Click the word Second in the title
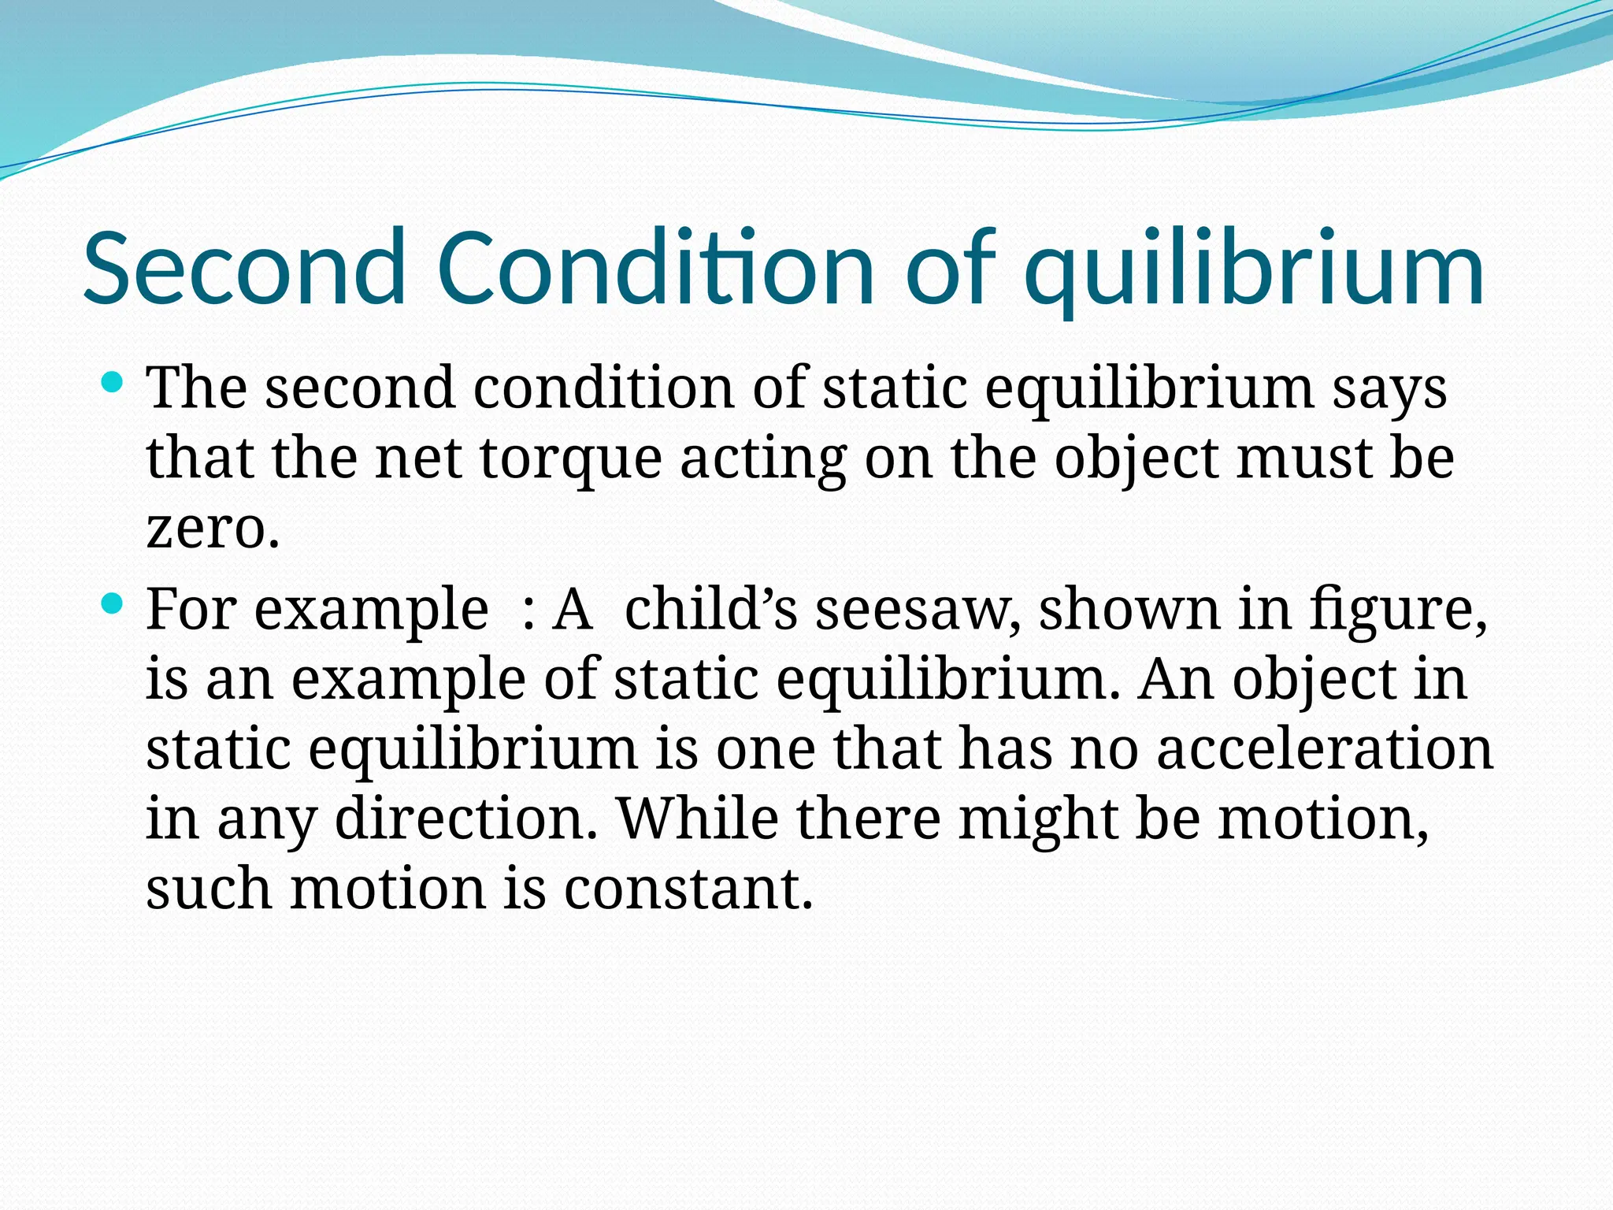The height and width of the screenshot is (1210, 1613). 244,268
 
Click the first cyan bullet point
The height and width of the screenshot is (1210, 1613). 113,384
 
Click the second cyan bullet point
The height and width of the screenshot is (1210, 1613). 113,605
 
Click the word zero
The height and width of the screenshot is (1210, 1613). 213,529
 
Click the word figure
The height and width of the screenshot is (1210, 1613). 1398,611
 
